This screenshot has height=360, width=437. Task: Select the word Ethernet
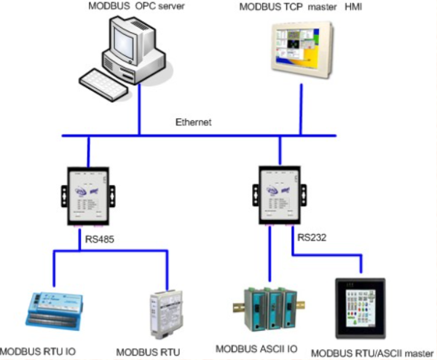pos(193,122)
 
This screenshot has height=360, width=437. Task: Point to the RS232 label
pos(312,236)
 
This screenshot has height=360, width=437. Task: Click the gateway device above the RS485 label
pos(88,195)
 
